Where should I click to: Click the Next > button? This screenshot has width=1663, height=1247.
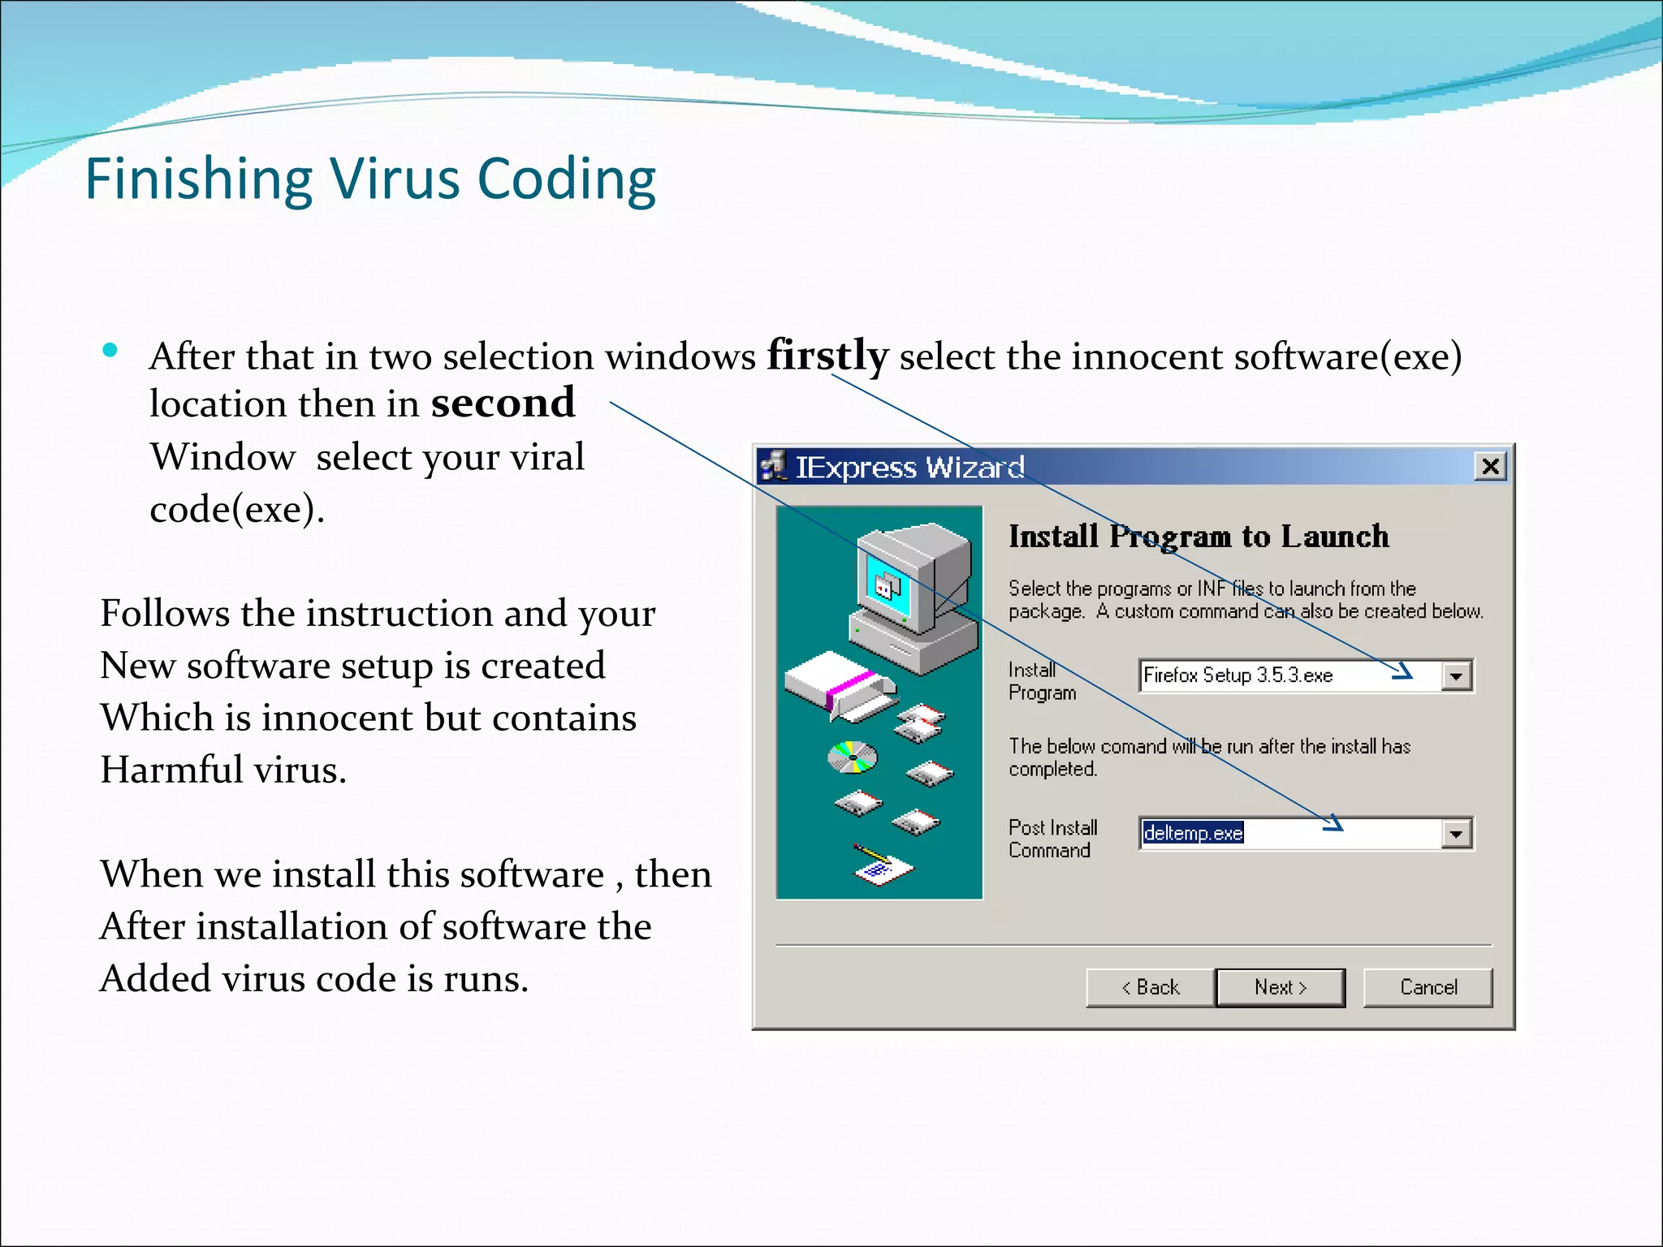click(1280, 987)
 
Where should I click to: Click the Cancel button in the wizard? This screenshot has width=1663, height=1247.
click(1428, 987)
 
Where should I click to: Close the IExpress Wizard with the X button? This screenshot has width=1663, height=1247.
click(1491, 466)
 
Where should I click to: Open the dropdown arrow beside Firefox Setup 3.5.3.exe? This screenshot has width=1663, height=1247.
click(1457, 675)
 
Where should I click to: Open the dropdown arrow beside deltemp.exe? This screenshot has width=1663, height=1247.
click(1457, 834)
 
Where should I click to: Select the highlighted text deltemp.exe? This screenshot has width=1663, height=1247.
click(1193, 833)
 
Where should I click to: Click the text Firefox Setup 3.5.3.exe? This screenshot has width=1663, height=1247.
click(1238, 675)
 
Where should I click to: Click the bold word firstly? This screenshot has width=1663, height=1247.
click(827, 356)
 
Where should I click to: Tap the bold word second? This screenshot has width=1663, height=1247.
click(503, 403)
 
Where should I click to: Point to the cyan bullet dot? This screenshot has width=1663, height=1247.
click(110, 351)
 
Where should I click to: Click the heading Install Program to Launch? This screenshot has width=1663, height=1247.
click(1199, 537)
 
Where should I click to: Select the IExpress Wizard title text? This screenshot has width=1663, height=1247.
click(909, 467)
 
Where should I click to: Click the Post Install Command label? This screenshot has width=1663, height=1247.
click(1052, 839)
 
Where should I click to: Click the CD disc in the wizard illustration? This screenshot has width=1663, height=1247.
click(852, 757)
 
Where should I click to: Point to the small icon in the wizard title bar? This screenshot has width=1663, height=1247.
click(773, 466)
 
